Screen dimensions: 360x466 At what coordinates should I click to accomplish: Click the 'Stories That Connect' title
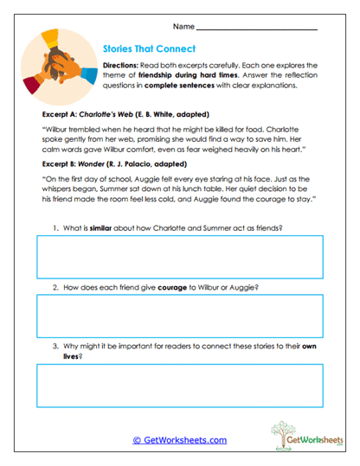coord(149,49)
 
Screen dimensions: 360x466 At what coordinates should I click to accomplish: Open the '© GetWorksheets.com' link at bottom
coord(179,439)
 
